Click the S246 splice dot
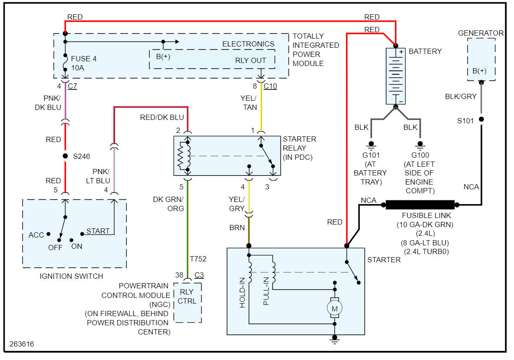tap(65, 156)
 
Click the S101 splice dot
tap(481, 119)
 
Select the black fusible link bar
tap(420, 205)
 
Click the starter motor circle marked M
tap(334, 308)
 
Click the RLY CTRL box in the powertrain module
tap(188, 297)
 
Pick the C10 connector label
tap(270, 86)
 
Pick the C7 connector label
tap(72, 86)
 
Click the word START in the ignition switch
tap(98, 231)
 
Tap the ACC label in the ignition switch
tap(36, 235)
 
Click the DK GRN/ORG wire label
tap(168, 204)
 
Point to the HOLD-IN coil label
tap(242, 293)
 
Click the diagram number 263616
tap(22, 344)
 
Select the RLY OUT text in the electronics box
tap(250, 60)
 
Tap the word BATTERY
tap(425, 51)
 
